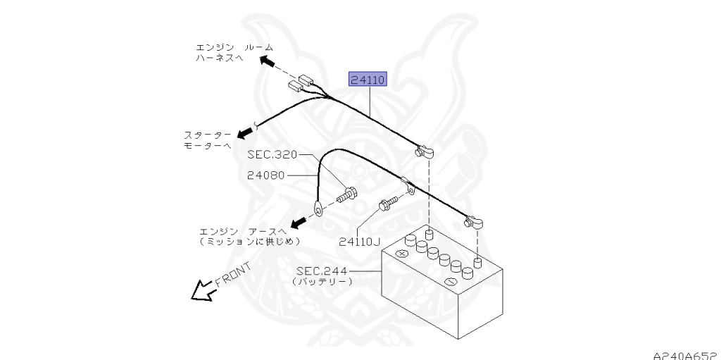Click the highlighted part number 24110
click(368, 80)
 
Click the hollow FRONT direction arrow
click(202, 290)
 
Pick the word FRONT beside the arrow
click(232, 274)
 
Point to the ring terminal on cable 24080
click(318, 208)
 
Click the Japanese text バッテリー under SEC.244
click(322, 281)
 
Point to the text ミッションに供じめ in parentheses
click(251, 241)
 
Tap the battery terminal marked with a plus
click(403, 253)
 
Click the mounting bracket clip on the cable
click(406, 185)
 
